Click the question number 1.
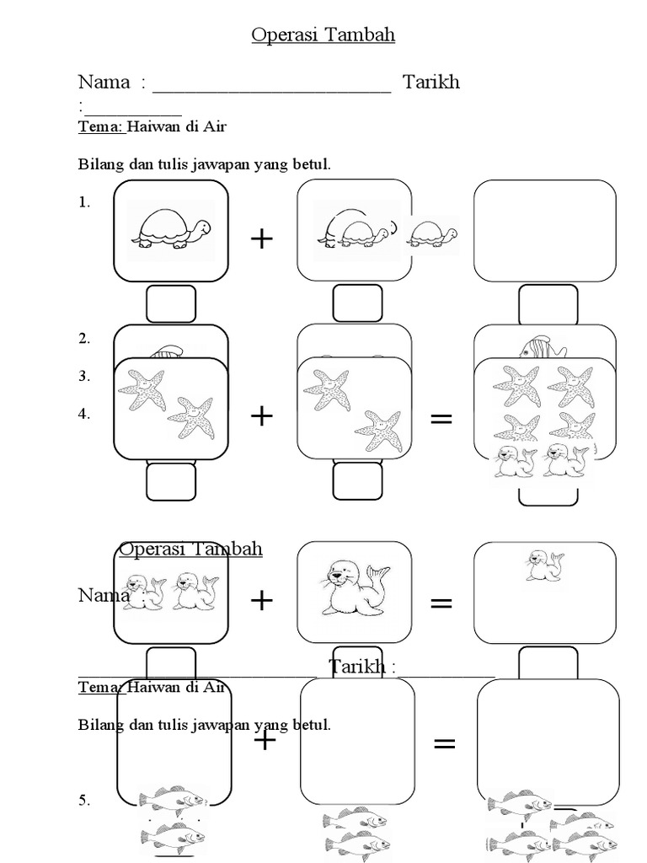pos(83,202)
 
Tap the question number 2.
pos(83,339)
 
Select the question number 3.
pos(83,377)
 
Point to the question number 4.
pos(83,415)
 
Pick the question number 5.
pos(83,801)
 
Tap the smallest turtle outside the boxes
pos(435,233)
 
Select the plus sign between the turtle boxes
pos(262,239)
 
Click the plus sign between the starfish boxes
pos(262,415)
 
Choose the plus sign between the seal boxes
pos(262,600)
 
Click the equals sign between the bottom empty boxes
pos(444,743)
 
